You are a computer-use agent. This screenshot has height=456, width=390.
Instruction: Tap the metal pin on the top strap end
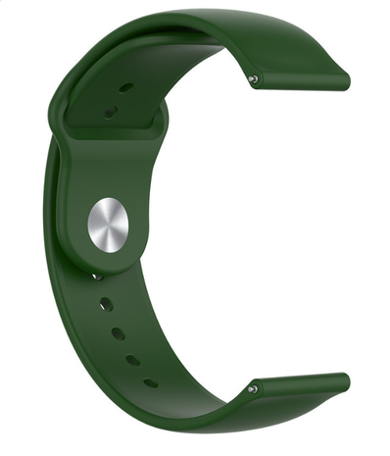pos(254,78)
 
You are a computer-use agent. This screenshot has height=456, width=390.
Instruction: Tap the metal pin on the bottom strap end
pos(253,388)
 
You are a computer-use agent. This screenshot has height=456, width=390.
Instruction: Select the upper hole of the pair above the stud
pos(125,88)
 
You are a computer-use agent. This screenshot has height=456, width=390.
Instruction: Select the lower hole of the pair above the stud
pos(110,111)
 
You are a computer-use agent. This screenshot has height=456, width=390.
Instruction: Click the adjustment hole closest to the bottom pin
pos(150,382)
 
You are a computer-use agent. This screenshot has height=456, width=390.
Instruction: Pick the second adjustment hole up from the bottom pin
pos(132,360)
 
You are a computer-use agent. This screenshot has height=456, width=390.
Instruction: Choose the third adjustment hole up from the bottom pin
pos(118,333)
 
